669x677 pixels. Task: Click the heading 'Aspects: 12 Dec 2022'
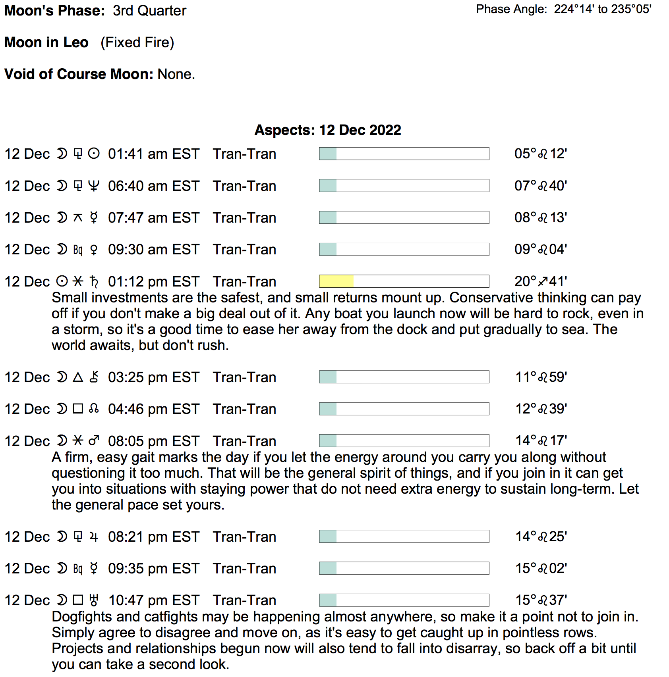pyautogui.click(x=328, y=130)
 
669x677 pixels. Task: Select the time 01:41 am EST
pyautogui.click(x=153, y=154)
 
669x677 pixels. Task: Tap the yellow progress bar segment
pyautogui.click(x=336, y=281)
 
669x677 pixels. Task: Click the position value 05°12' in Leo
pyautogui.click(x=540, y=154)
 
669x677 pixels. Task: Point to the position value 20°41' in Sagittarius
pyautogui.click(x=540, y=281)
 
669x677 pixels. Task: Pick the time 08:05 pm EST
pyautogui.click(x=153, y=441)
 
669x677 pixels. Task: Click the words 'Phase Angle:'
pyautogui.click(x=512, y=9)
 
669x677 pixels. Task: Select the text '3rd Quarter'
pyautogui.click(x=149, y=11)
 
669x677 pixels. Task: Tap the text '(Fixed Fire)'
pyautogui.click(x=137, y=42)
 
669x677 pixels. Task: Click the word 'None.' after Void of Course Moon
pyautogui.click(x=176, y=74)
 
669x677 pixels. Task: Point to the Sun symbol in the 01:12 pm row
pyautogui.click(x=62, y=281)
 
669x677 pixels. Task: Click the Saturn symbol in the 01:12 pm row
pyautogui.click(x=94, y=282)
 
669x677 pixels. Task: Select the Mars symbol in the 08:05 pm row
pyautogui.click(x=94, y=441)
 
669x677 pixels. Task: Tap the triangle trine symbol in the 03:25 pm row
pyautogui.click(x=78, y=377)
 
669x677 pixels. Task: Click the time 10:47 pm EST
pyautogui.click(x=154, y=600)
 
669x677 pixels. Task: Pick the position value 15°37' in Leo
pyautogui.click(x=541, y=600)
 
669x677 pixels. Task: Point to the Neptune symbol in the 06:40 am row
pyautogui.click(x=94, y=186)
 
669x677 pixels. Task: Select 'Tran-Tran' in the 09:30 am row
pyautogui.click(x=244, y=250)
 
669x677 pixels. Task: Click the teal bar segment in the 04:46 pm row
pyautogui.click(x=328, y=409)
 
